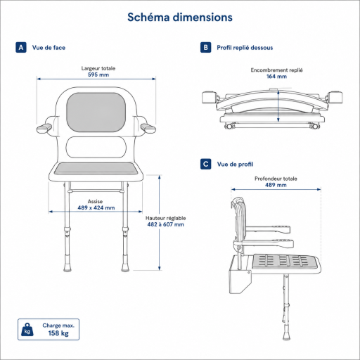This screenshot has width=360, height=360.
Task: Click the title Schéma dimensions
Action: (180, 18)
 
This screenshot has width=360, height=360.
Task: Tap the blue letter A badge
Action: (21, 48)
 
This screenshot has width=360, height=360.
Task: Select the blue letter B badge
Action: (206, 48)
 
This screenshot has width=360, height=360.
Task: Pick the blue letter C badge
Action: (206, 164)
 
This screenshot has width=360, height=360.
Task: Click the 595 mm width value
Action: (98, 75)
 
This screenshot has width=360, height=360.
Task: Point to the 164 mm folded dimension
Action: (276, 77)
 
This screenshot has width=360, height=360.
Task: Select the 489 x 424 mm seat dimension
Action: (96, 207)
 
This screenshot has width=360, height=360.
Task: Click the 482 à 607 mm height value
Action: (166, 224)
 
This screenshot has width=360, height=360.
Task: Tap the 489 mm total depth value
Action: (276, 185)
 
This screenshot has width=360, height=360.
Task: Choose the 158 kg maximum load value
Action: (58, 333)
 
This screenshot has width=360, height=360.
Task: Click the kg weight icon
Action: (27, 330)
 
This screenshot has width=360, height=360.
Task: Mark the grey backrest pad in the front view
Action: (96, 112)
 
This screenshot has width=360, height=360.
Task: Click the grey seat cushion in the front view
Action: (96, 169)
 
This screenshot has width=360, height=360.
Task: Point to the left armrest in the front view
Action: (44, 129)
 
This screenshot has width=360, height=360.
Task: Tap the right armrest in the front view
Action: (148, 129)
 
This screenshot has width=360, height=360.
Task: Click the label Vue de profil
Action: (235, 165)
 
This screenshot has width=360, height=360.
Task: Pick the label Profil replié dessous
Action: (245, 48)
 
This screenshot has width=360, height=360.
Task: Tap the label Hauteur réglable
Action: (166, 218)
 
